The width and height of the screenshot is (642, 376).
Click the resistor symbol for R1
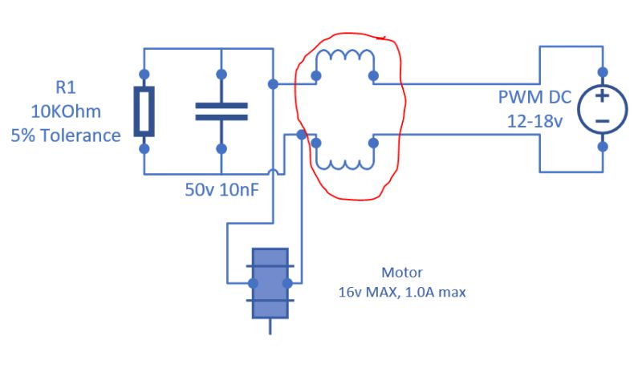click(x=144, y=111)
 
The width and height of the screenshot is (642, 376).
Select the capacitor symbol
click(x=221, y=111)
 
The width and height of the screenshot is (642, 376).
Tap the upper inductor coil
click(x=345, y=61)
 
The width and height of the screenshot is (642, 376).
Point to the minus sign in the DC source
click(x=601, y=121)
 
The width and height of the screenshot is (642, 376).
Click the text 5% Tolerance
click(x=66, y=135)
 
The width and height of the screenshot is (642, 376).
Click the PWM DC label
click(x=534, y=99)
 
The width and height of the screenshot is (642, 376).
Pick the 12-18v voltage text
click(x=534, y=121)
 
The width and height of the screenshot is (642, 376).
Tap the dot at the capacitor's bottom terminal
click(x=221, y=148)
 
